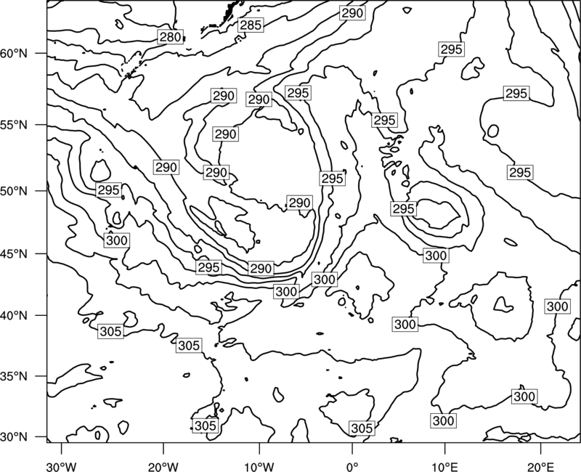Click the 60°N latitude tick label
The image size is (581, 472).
(14, 53)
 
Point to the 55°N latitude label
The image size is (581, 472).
(14, 125)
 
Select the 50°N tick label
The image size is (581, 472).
(14, 191)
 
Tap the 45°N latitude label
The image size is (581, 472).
(14, 253)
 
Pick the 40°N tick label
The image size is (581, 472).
(14, 316)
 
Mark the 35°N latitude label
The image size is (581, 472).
(14, 376)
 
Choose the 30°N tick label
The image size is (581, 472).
(14, 437)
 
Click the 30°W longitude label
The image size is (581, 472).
(62, 466)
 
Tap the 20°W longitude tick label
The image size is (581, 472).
(163, 466)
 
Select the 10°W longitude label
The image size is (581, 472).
(259, 466)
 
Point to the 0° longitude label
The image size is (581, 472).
(352, 466)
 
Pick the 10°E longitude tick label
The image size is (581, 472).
(444, 466)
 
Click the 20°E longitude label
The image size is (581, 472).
(541, 466)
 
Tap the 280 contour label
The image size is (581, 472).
(171, 37)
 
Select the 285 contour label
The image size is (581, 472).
(251, 25)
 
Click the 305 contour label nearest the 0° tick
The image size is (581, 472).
(362, 428)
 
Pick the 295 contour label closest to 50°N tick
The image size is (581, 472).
(108, 190)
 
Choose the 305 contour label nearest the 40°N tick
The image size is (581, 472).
(111, 331)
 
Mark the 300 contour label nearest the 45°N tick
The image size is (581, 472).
(117, 240)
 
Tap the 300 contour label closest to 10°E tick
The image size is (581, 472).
(444, 420)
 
